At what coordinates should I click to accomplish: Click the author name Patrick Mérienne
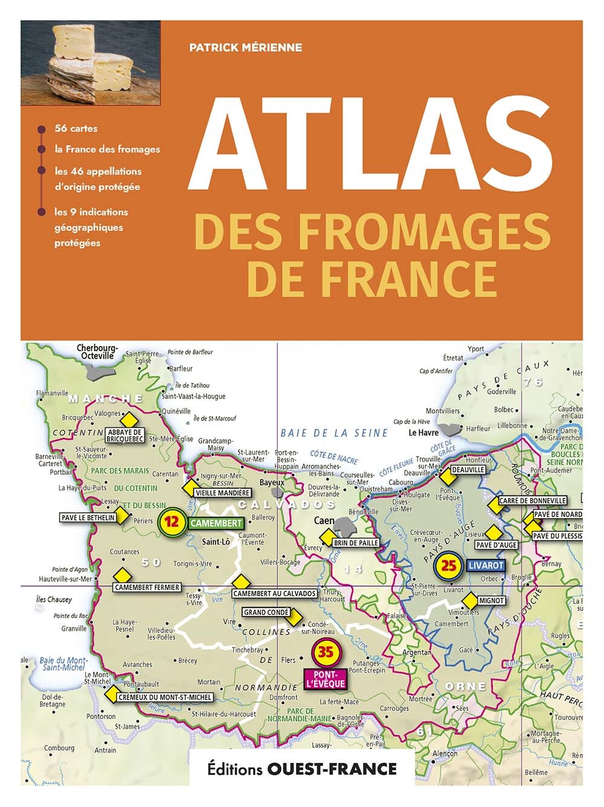pyautogui.click(x=245, y=47)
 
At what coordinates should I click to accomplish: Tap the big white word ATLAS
pyautogui.click(x=370, y=143)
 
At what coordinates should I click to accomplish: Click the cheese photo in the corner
pyautogui.click(x=91, y=63)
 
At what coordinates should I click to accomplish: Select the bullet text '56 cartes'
pyautogui.click(x=75, y=128)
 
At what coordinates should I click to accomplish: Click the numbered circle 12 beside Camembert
pyautogui.click(x=172, y=522)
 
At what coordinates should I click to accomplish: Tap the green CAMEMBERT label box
pyautogui.click(x=216, y=523)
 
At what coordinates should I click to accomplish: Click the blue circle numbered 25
pyautogui.click(x=449, y=565)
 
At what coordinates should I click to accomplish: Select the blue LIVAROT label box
pyautogui.click(x=485, y=566)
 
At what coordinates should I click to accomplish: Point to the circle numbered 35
pyautogui.click(x=326, y=652)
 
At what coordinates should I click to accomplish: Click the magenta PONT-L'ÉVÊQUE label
pyautogui.click(x=326, y=679)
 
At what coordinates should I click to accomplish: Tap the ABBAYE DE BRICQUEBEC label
pyautogui.click(x=125, y=436)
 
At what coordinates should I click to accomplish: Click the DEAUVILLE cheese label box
pyautogui.click(x=468, y=469)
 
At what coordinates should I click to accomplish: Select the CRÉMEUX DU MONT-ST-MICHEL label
pyautogui.click(x=165, y=697)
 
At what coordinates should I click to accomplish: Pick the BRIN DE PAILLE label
pyautogui.click(x=356, y=543)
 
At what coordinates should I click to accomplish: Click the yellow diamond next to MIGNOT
pyautogui.click(x=469, y=601)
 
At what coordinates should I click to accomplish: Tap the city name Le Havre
pyautogui.click(x=423, y=432)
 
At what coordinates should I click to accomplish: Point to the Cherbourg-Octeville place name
pyautogui.click(x=97, y=352)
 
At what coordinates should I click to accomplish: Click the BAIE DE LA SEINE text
pyautogui.click(x=334, y=432)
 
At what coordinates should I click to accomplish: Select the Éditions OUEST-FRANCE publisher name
pyautogui.click(x=302, y=768)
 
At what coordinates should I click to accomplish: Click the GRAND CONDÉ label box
pyautogui.click(x=266, y=612)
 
